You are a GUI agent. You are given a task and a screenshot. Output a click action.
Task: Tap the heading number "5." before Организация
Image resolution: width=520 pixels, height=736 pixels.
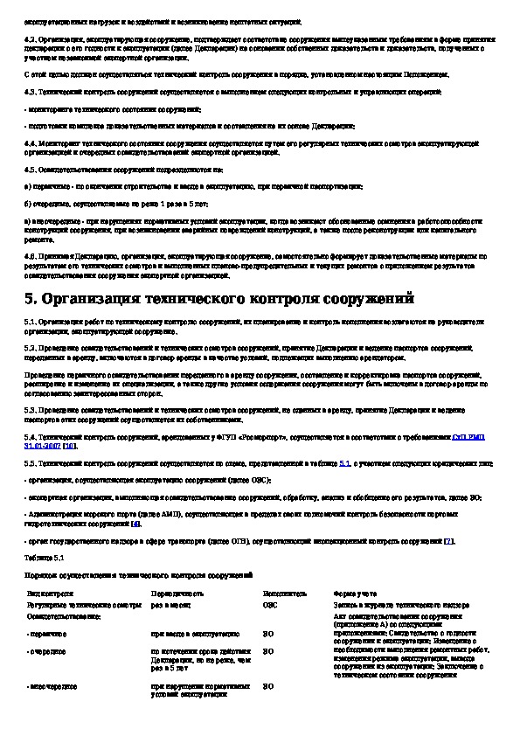click(x=31, y=299)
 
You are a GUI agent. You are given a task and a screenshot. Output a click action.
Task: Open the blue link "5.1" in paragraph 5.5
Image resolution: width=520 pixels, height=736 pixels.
click(x=344, y=463)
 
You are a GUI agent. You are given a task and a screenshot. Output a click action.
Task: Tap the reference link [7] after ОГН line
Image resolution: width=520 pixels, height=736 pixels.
click(x=448, y=541)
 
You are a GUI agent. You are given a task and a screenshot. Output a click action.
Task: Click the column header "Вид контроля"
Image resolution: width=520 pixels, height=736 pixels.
click(x=46, y=594)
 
